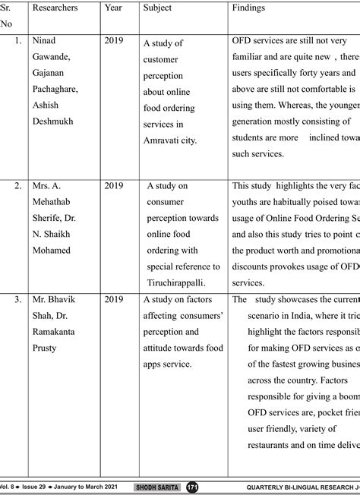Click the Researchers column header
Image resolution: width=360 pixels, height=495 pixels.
pyautogui.click(x=55, y=8)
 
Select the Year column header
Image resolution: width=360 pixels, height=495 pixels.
pyautogui.click(x=113, y=8)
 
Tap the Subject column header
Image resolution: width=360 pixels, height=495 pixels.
pyautogui.click(x=157, y=8)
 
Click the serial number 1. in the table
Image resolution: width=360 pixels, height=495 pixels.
pyautogui.click(x=17, y=39)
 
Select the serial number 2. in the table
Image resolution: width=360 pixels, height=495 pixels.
pyautogui.click(x=17, y=184)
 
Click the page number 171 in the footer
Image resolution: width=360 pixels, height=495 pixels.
pyautogui.click(x=192, y=487)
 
